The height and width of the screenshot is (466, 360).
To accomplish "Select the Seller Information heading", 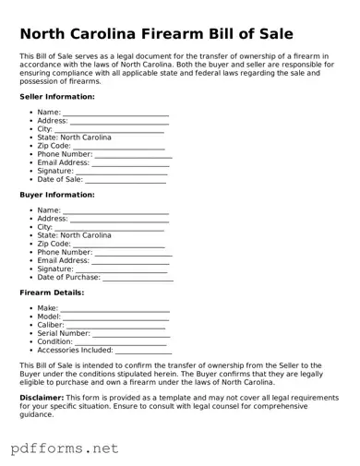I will pyautogui.click(x=57, y=96).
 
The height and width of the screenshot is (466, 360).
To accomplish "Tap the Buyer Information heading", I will pyautogui.click(x=57, y=195).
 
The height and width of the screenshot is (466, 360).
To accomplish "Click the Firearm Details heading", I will pyautogui.click(x=52, y=293).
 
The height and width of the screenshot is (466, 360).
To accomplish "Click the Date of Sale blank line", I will pyautogui.click(x=126, y=181).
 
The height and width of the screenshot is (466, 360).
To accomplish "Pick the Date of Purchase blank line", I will pyautogui.click(x=138, y=279).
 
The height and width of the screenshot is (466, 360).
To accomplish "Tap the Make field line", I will pyautogui.click(x=114, y=310).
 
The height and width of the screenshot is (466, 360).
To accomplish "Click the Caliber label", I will pyautogui.click(x=50, y=325).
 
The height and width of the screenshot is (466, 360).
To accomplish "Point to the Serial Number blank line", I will pyautogui.click(x=131, y=335).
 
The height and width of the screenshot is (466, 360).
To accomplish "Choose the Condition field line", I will pyautogui.click(x=120, y=343).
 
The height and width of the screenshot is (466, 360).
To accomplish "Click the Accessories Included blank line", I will pyautogui.click(x=143, y=352).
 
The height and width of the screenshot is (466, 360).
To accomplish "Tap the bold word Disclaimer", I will pyautogui.click(x=42, y=397).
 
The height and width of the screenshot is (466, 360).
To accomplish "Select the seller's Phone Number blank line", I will pyautogui.click(x=133, y=156).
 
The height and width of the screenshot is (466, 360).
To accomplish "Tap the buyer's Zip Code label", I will pyautogui.click(x=54, y=244).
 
